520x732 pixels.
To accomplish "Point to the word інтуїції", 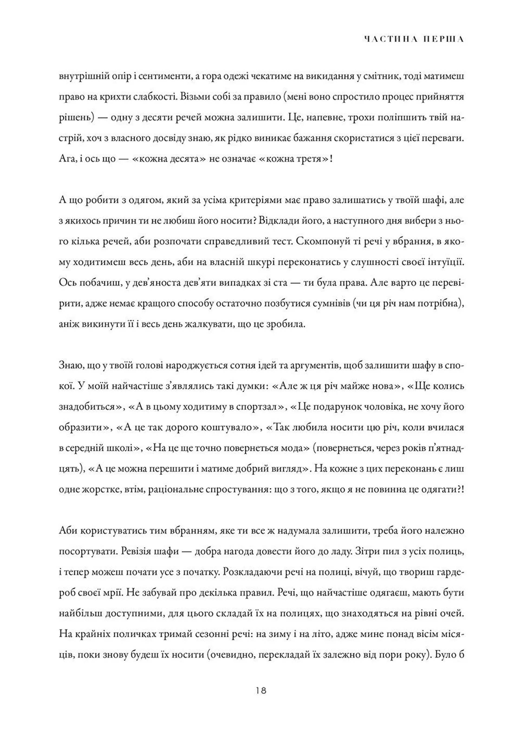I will coord(444,262).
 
